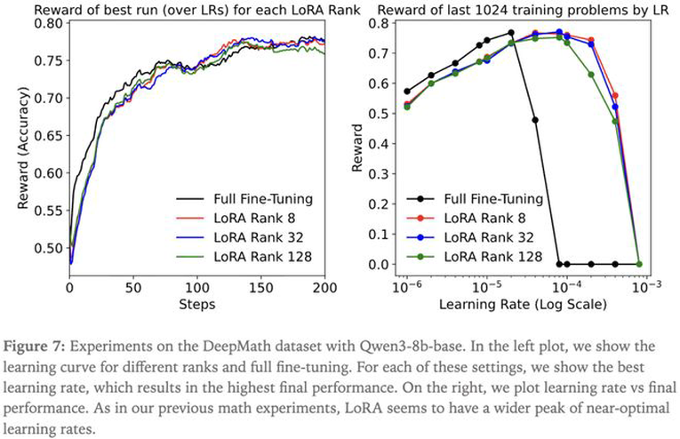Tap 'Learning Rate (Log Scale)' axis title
click(522, 304)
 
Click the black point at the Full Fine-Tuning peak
click(511, 33)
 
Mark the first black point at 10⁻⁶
click(407, 91)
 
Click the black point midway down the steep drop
click(535, 120)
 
